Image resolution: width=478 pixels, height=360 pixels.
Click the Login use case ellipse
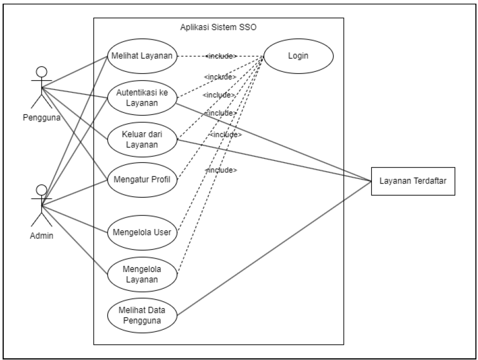[x=298, y=55]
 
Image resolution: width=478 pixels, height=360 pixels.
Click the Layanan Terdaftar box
[x=413, y=181]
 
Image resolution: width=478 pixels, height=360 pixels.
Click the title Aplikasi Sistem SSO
[x=218, y=27]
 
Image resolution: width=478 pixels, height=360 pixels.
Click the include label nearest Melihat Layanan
[x=222, y=55]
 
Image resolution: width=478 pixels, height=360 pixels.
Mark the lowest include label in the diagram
[x=222, y=170]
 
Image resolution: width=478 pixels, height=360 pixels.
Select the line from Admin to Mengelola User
[x=75, y=218]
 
